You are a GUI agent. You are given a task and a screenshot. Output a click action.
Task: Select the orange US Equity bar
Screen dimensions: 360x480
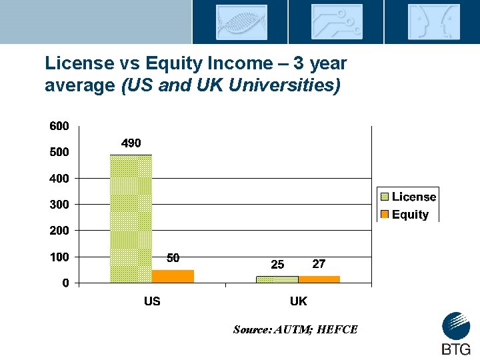(173, 276)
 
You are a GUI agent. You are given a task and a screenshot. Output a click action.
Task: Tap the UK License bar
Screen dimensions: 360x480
(277, 279)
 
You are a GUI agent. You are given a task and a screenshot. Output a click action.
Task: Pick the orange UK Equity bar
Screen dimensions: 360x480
(319, 279)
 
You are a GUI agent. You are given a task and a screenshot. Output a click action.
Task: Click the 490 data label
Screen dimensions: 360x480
(131, 143)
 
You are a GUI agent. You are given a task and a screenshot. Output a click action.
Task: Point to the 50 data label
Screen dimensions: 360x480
(173, 259)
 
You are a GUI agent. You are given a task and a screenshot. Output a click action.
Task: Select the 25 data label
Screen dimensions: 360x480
(277, 265)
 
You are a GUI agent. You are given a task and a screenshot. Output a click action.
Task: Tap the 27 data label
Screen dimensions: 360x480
(319, 264)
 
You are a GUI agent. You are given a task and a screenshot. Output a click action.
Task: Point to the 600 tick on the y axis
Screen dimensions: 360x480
(58, 126)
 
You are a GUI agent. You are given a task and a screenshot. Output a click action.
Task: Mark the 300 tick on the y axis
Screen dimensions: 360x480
(58, 205)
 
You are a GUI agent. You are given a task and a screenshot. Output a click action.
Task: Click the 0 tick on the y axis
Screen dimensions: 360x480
(65, 283)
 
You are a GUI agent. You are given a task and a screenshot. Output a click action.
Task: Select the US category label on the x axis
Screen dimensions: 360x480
(152, 301)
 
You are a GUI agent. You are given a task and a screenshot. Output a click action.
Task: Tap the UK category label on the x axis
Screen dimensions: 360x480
(298, 301)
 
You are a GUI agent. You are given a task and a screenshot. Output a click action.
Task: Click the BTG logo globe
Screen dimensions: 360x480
(456, 326)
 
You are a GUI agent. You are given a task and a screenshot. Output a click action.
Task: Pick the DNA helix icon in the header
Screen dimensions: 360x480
(241, 22)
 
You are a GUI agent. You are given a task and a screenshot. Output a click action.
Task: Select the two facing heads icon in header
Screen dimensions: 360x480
(433, 22)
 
